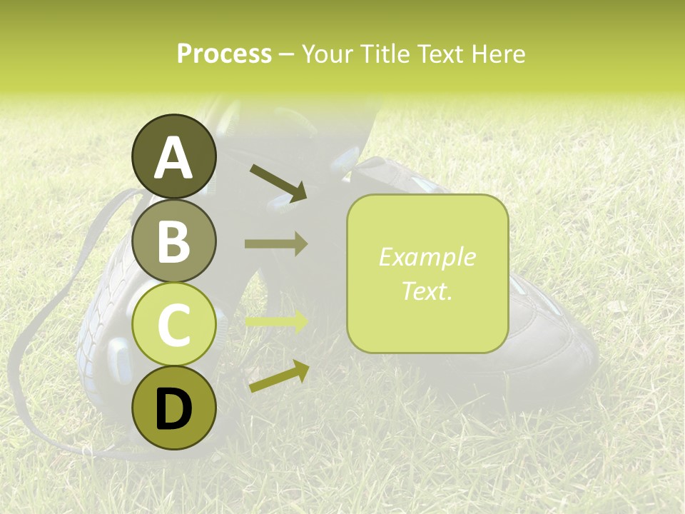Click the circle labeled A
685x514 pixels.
[173, 156]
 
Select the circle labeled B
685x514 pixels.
[173, 241]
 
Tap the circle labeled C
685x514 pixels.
[173, 325]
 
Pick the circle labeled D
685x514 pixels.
[173, 408]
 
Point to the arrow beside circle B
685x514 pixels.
[276, 244]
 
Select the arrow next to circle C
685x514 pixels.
[276, 321]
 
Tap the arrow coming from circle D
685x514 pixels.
[278, 376]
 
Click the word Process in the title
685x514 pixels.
[224, 54]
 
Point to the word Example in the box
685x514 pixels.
[427, 257]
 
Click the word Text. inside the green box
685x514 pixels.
[427, 291]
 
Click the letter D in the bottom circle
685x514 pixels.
[173, 410]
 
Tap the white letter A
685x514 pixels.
[173, 158]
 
